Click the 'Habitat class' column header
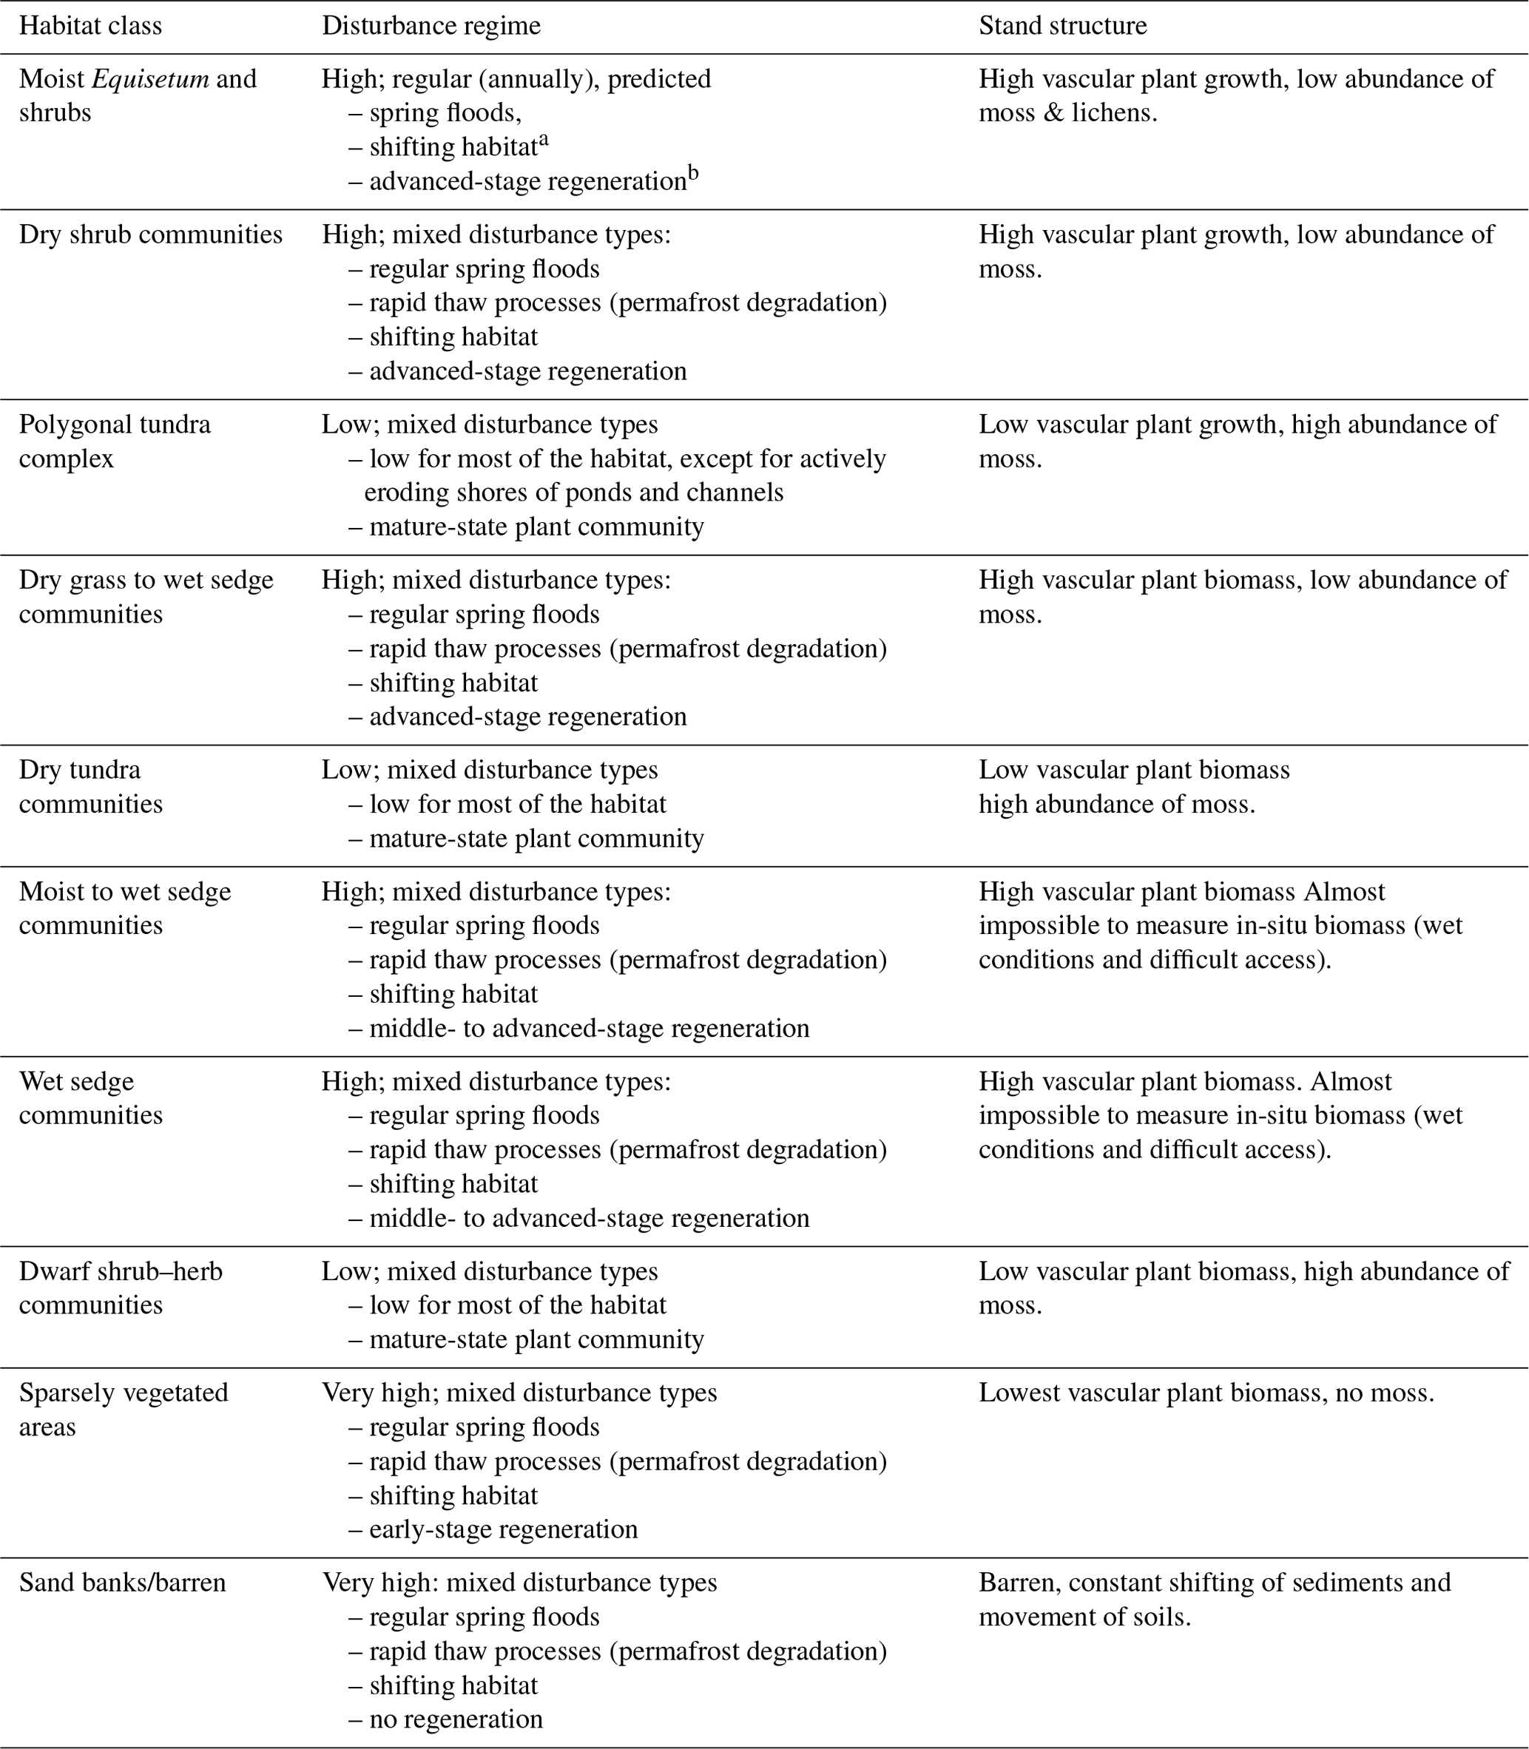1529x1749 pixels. point(90,26)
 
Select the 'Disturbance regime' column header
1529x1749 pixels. point(431,26)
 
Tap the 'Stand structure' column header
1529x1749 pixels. point(1062,26)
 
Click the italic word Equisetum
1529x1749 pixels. point(150,78)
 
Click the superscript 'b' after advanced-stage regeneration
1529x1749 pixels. point(693,175)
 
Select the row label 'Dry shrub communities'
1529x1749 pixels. point(150,234)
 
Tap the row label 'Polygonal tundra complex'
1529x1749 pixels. point(115,441)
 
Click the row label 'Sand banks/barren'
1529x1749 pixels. point(122,1583)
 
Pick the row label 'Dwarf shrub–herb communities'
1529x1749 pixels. point(121,1288)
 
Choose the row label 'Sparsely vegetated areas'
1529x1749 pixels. point(124,1410)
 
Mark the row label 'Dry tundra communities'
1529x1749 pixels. point(90,787)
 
